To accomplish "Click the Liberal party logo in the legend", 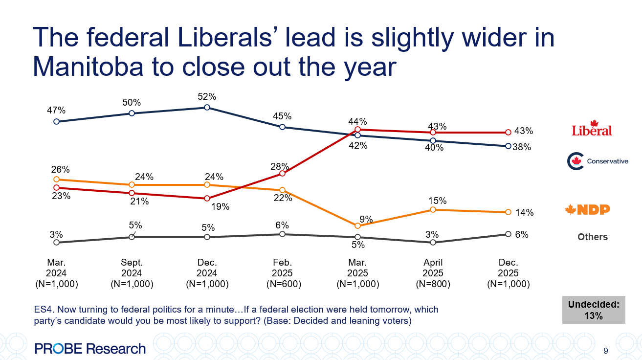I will pos(592,128).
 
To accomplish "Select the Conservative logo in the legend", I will pos(597,161).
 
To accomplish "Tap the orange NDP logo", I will pos(587,210).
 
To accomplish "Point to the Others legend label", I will pos(593,237).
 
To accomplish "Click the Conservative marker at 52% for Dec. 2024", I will pos(207,107).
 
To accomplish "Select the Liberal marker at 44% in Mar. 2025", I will pos(357,130).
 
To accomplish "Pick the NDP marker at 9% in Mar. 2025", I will pos(357,225).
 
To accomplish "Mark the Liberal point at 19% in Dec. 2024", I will pos(207,199).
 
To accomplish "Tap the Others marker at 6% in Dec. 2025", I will pos(508,234).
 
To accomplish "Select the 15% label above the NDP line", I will pos(437,201).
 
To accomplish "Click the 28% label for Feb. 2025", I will pos(282,166).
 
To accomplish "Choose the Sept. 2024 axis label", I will pos(132,273).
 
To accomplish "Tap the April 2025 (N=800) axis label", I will pos(433,273).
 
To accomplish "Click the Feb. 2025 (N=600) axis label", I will pos(282,273).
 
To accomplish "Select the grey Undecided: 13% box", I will pos(593,310).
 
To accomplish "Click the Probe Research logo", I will pos(90,348).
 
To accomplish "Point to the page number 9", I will pos(606,351).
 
